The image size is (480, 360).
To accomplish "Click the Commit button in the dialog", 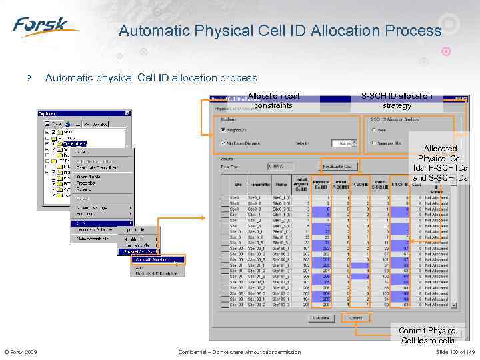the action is click(x=357, y=317).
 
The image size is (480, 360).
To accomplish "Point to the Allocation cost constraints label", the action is click(x=273, y=101).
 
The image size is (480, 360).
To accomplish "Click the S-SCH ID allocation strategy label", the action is click(x=397, y=101).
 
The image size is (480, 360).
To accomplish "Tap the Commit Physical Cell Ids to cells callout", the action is click(x=427, y=335).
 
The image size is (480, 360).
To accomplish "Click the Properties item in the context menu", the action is click(x=86, y=183).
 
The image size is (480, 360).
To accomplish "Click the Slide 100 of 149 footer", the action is click(x=455, y=352).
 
